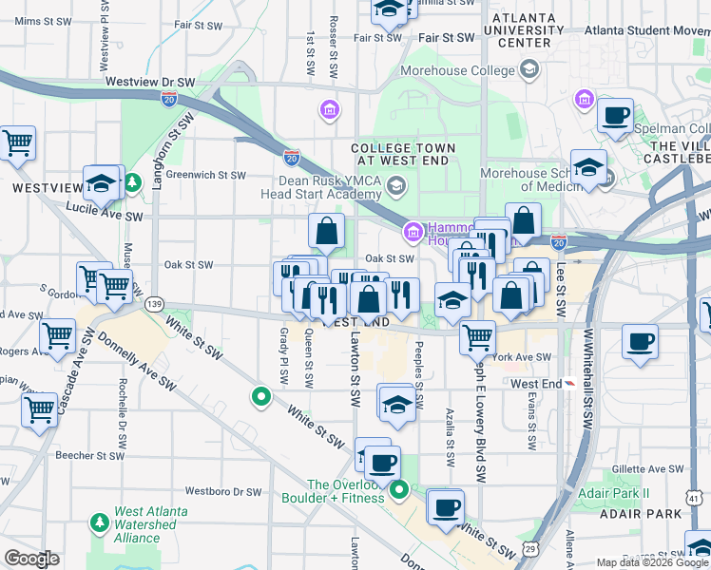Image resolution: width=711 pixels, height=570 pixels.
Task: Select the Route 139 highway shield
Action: click(x=153, y=304)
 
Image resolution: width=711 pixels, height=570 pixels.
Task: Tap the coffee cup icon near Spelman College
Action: click(x=615, y=117)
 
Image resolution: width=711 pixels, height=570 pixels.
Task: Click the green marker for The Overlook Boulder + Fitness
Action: click(x=400, y=490)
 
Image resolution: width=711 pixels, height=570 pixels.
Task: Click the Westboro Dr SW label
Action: click(x=222, y=492)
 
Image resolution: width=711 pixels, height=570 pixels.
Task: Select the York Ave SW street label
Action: click(x=523, y=357)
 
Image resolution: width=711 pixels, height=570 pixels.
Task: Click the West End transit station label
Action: click(x=536, y=384)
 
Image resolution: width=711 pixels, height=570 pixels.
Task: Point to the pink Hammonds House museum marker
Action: click(x=413, y=231)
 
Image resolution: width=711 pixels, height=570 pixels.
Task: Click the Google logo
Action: click(x=31, y=559)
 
